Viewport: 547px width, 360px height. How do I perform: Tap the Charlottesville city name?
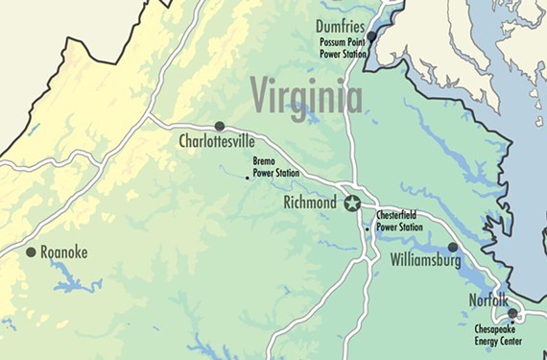[217, 142]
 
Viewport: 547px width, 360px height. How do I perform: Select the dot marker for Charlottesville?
[220, 126]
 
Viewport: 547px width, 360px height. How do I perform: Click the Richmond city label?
[309, 204]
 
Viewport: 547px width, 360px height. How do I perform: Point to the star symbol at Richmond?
[352, 203]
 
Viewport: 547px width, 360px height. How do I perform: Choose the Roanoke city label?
[63, 252]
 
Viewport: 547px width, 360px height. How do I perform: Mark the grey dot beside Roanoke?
[31, 252]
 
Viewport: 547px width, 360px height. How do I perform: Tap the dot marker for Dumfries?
[372, 36]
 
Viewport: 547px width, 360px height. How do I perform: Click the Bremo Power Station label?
[274, 168]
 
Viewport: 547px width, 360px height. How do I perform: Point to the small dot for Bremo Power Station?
[248, 177]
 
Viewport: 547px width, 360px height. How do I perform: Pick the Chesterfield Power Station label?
[398, 222]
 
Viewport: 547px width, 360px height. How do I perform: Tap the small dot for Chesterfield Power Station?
[367, 229]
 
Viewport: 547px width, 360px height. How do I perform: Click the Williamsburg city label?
[426, 260]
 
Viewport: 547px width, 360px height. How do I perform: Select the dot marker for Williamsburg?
[453, 247]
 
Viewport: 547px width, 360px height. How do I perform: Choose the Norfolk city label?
[488, 300]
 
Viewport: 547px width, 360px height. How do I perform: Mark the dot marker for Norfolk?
[512, 313]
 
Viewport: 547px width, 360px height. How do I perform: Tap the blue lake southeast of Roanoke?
[72, 280]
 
